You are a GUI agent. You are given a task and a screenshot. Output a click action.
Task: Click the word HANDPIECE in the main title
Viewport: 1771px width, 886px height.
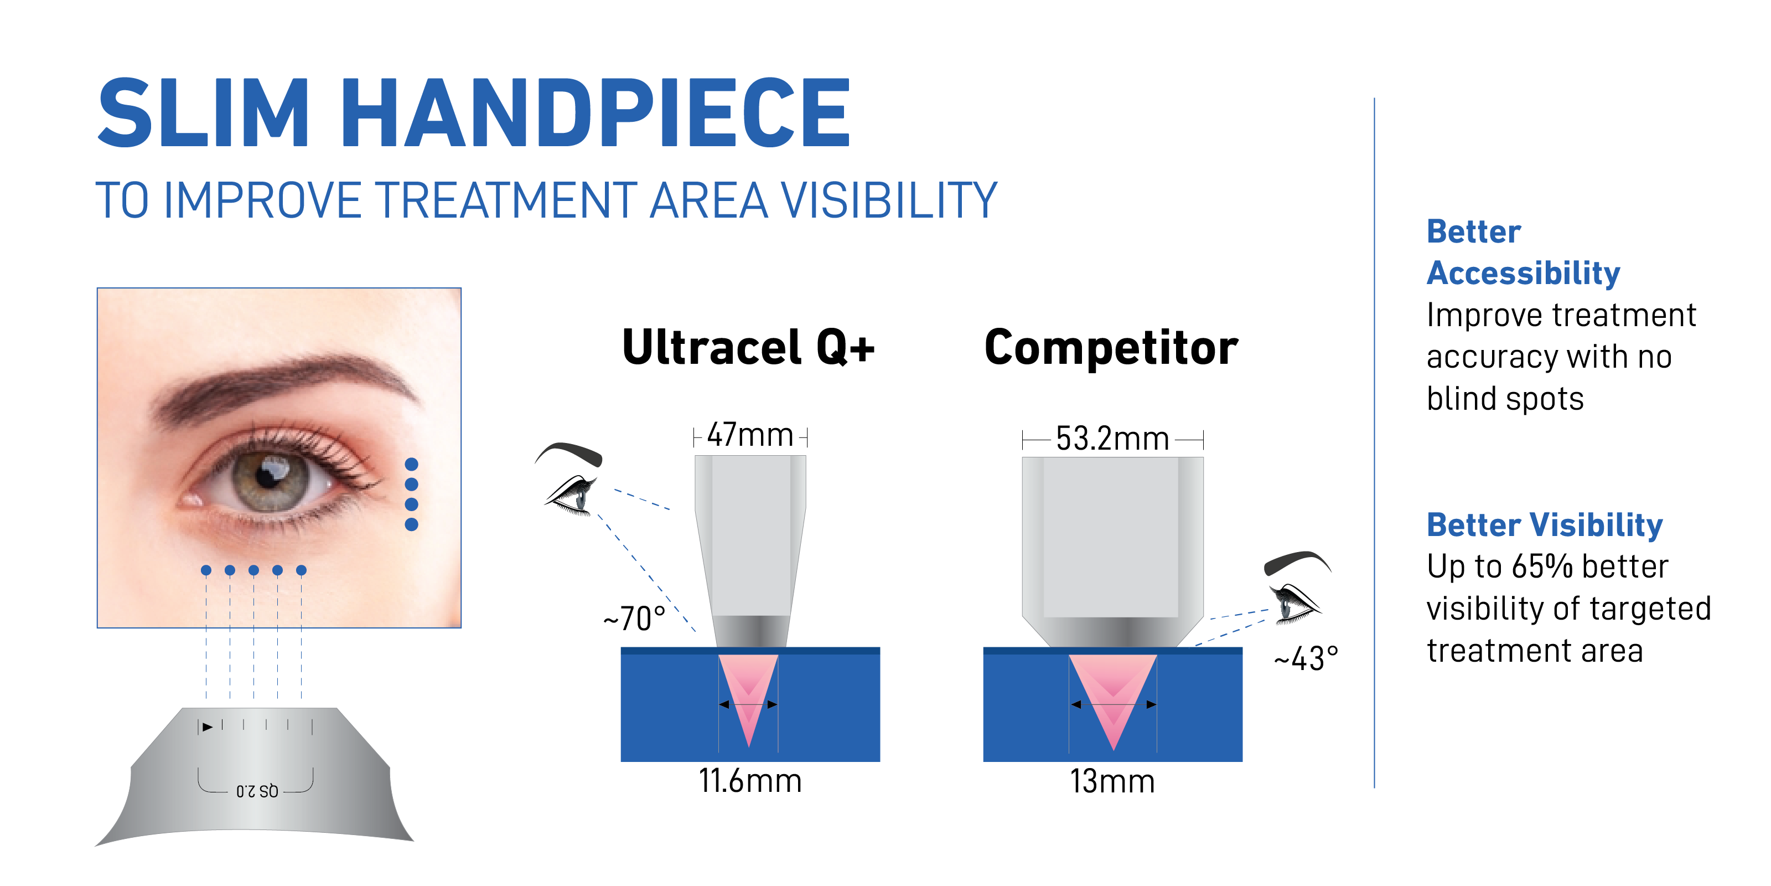(595, 113)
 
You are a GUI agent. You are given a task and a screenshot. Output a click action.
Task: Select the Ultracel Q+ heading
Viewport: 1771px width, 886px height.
(748, 347)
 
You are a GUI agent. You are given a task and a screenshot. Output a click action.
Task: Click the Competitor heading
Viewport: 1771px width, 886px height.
(1111, 347)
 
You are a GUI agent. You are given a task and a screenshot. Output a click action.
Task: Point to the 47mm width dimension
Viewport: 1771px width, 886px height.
(750, 435)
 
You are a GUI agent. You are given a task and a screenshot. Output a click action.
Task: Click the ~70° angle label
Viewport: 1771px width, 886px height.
(634, 619)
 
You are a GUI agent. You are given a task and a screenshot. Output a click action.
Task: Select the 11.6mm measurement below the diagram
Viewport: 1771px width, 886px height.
(750, 781)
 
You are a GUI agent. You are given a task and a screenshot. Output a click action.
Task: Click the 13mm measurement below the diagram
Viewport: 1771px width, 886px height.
(1112, 781)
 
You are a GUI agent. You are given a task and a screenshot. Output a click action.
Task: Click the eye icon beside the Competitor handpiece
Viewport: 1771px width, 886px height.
(1297, 588)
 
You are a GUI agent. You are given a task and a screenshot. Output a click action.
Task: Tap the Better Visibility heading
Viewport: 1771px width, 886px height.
(1545, 526)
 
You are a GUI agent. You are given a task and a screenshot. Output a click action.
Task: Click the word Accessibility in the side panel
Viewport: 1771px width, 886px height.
(1524, 274)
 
